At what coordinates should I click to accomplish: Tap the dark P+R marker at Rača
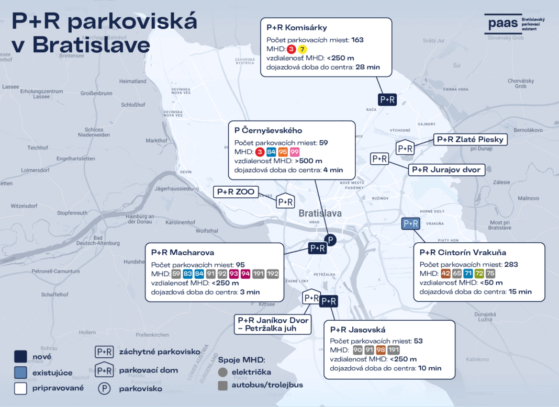388,99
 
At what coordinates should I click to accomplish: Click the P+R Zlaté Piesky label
471,140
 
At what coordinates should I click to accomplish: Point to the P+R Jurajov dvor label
446,169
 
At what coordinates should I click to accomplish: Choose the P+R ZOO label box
236,192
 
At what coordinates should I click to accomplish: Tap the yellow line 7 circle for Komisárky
303,49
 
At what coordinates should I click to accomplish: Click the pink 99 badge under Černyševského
295,152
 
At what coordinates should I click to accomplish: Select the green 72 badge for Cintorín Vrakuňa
479,274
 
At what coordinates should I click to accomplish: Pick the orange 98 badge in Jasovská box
381,350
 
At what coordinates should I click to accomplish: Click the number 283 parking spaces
510,265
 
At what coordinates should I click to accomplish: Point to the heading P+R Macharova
182,253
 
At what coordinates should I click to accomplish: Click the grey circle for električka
223,372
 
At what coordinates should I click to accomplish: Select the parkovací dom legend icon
104,370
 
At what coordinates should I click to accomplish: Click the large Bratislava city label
320,213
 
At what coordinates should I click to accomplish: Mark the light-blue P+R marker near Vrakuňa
410,224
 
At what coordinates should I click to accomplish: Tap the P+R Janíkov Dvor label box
273,324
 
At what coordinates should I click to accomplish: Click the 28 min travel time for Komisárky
368,67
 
